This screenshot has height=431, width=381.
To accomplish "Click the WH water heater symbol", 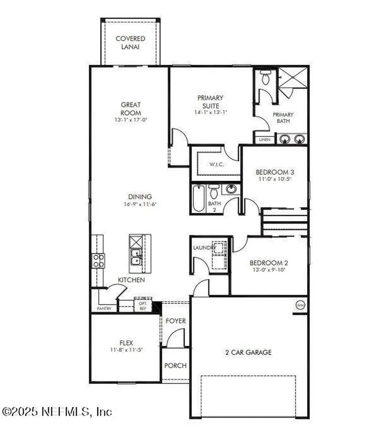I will coord(300,304).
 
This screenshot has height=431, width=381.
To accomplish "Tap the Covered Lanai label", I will coord(130,43).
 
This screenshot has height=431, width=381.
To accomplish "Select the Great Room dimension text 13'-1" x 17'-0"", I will coord(131,120).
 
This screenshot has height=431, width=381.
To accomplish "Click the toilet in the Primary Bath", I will coord(265,78).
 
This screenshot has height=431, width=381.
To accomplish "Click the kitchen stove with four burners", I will coord(99,261).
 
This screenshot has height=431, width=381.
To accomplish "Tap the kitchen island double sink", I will coord(136,257).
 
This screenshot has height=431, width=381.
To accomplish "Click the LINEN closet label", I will coord(265,139).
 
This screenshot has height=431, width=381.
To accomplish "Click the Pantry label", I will coord(104,309).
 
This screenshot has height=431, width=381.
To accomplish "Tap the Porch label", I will coord(175,365).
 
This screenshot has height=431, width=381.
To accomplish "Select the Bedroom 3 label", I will coord(275,172).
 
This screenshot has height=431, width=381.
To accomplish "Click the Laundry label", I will coord(204,248).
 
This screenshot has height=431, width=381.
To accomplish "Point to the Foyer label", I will coord(175,321).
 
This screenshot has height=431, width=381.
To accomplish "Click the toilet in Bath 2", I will coord(214,192).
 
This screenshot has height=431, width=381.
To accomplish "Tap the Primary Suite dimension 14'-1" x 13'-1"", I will coord(211,112).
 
